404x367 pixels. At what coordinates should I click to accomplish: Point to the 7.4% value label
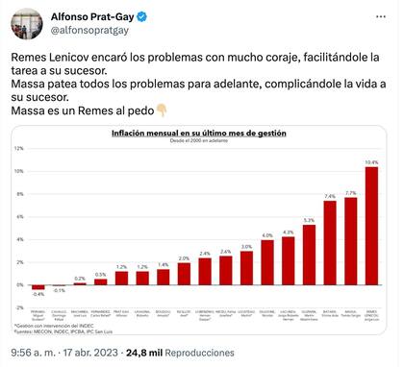330,196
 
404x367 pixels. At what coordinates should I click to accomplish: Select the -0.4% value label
38,295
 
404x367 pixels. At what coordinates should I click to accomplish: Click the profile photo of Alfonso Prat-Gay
26,24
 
